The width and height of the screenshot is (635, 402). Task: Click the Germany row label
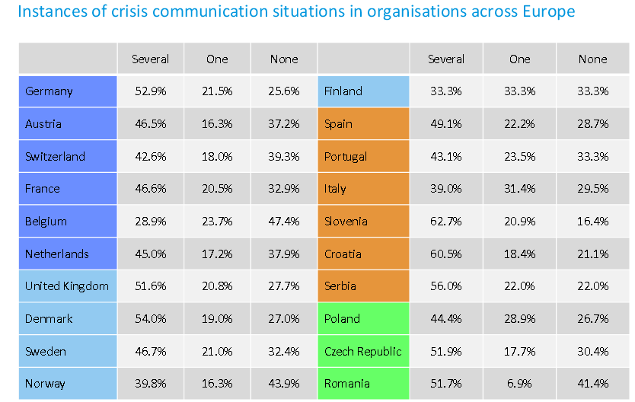coord(49,91)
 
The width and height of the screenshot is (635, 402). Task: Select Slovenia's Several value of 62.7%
coord(446,222)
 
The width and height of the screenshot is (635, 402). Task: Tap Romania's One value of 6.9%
coord(519,384)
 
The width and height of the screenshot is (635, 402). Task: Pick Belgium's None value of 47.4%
coord(284,222)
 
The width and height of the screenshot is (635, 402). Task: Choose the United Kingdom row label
coord(67,286)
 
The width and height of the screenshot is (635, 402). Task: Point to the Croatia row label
coord(343,254)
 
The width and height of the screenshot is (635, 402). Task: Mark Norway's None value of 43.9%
coord(284,384)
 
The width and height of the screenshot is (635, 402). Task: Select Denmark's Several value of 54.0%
coord(151,318)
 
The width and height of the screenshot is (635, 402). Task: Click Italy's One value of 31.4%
coord(519,189)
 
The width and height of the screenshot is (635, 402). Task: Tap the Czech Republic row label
coord(363,352)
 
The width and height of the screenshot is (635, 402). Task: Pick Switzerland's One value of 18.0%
coord(217,156)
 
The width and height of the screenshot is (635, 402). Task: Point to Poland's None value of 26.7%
coord(593,318)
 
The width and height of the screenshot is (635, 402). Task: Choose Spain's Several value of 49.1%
coord(446,124)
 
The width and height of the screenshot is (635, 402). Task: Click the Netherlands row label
coord(56,254)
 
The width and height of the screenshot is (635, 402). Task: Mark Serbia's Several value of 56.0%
coord(446,286)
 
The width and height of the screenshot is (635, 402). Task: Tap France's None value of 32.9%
coord(284,189)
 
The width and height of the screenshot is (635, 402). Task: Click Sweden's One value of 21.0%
coord(217,352)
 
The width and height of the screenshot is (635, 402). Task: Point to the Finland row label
coord(343,91)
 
